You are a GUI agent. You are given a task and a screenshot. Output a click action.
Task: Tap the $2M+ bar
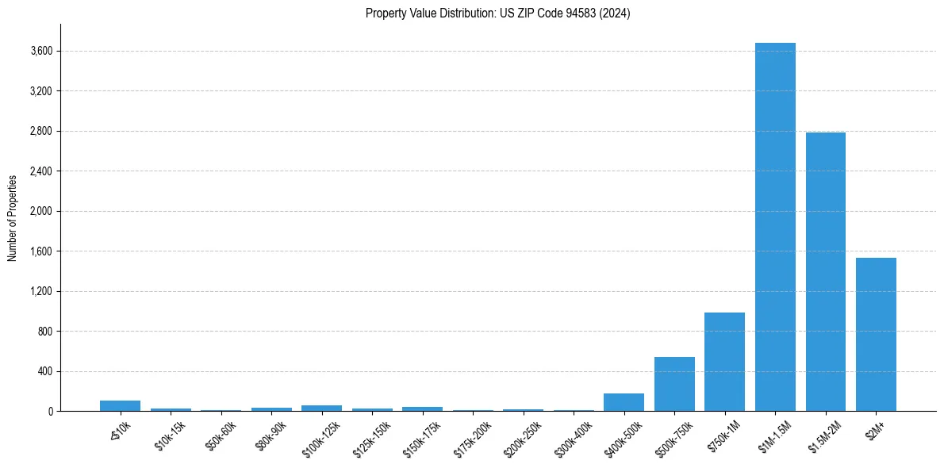pos(876,334)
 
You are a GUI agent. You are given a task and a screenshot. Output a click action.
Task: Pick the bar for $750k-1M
pos(724,362)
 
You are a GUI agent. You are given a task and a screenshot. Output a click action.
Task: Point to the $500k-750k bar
pos(674,384)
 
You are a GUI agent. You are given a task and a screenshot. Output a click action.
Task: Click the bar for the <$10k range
pos(120,405)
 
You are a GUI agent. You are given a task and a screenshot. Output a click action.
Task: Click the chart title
pos(497,13)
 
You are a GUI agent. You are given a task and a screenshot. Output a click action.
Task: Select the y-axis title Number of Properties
pos(13,217)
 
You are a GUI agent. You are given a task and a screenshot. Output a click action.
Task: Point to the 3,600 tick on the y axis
pos(41,52)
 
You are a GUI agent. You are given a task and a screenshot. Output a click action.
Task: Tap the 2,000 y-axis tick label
pos(41,212)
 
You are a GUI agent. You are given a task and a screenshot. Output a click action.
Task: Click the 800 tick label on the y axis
pos(45,332)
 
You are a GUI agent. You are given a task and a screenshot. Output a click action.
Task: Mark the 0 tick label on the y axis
pos(50,412)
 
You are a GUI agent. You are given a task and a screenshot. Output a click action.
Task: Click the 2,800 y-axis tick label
pos(41,132)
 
